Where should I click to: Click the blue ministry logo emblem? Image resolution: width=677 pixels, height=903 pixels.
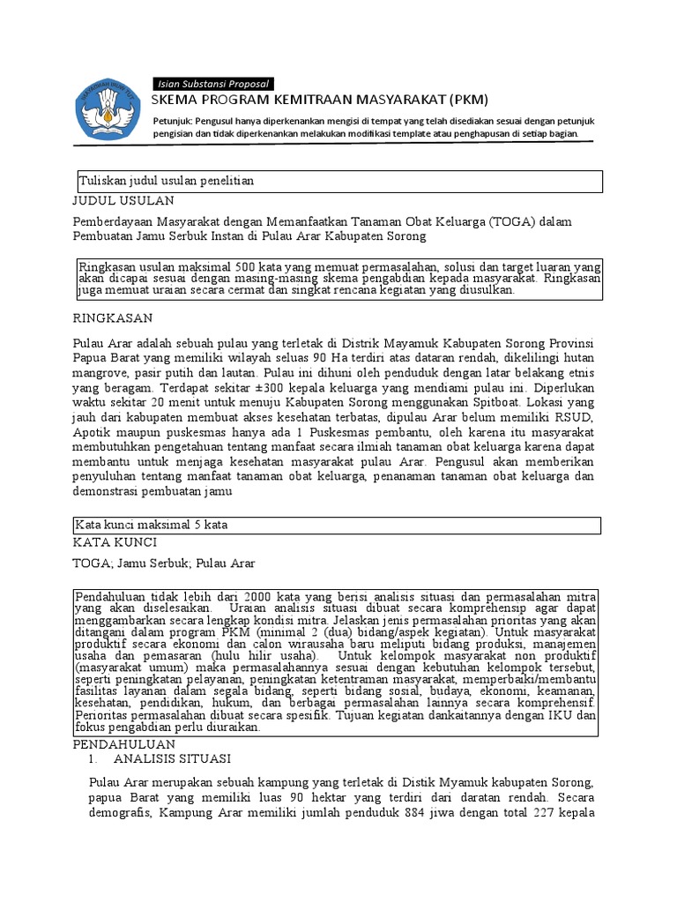tap(107, 108)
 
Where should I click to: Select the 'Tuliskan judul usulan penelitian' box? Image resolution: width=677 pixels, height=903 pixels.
tap(338, 181)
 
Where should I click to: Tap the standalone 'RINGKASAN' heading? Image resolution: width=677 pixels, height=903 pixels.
tap(113, 317)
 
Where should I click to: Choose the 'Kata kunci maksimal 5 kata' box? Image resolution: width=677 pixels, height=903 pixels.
tap(338, 525)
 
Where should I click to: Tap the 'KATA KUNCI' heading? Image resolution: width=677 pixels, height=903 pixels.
tap(115, 542)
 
